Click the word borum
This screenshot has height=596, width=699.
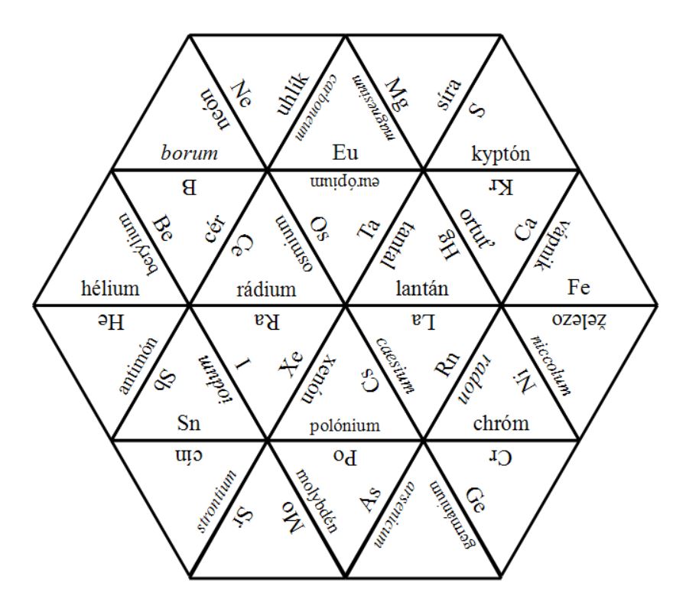189,153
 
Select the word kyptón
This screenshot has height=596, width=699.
502,153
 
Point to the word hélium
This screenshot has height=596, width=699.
112,288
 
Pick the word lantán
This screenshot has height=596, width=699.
422,289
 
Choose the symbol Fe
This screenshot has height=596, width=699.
579,288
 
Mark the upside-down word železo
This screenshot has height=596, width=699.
579,318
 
